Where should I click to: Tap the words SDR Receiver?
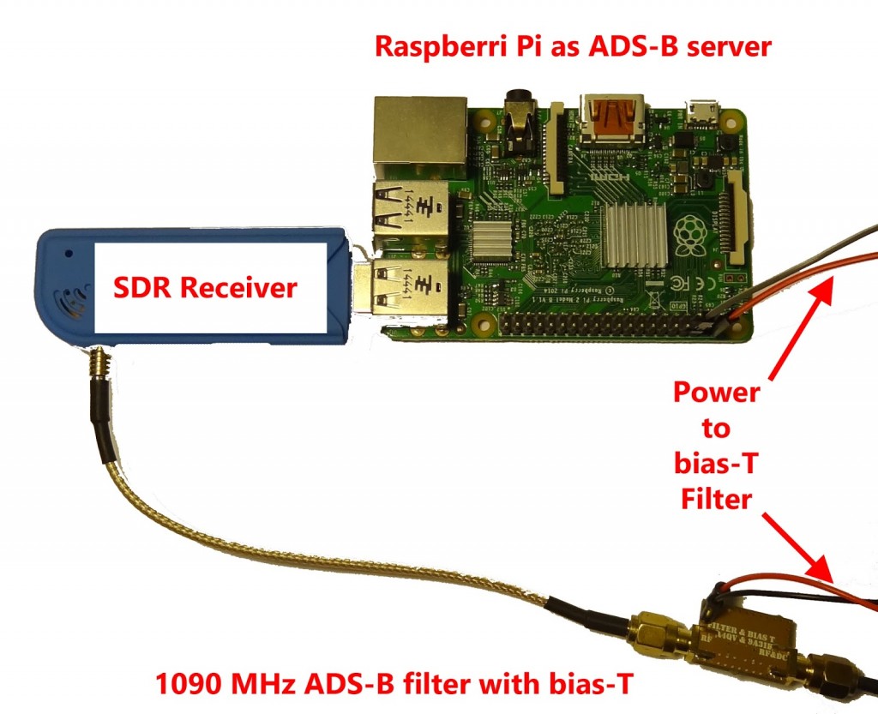pos(206,287)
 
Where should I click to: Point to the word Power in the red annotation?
pos(717,393)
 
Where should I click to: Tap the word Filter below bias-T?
pos(717,498)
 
